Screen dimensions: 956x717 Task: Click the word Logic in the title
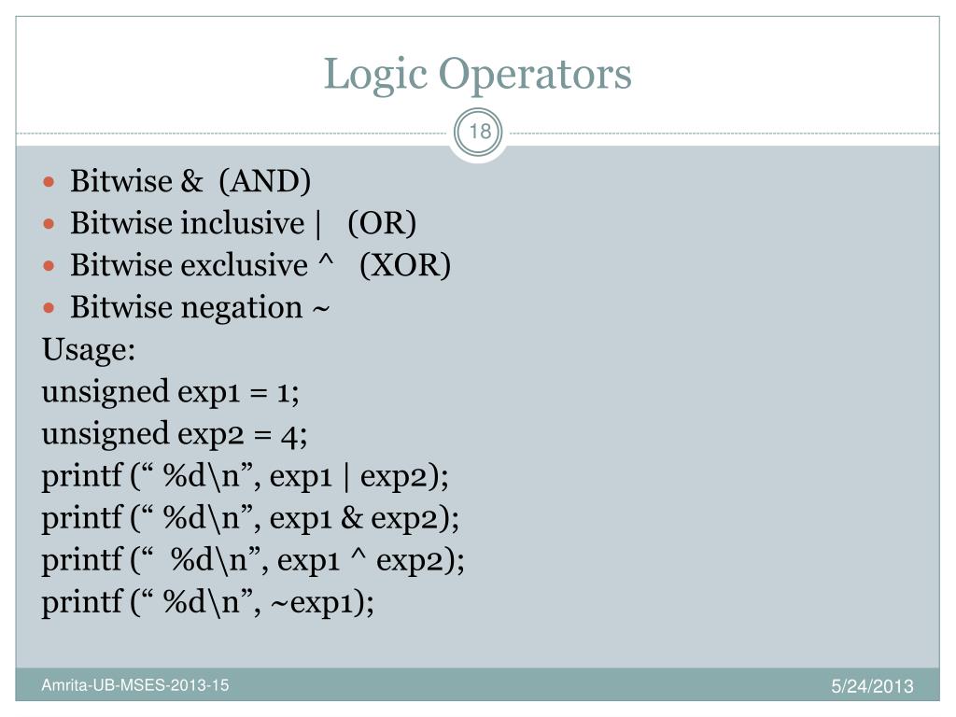[376, 76]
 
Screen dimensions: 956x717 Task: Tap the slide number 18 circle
[480, 132]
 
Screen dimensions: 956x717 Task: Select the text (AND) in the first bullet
[264, 181]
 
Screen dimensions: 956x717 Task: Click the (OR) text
[382, 223]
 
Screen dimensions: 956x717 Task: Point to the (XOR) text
[405, 265]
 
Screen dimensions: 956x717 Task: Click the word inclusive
[236, 223]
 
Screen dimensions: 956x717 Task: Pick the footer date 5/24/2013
[873, 688]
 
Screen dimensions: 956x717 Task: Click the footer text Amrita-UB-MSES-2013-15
[134, 686]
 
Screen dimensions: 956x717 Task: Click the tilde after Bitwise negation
[319, 308]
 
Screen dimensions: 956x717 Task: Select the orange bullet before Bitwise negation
[52, 307]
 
